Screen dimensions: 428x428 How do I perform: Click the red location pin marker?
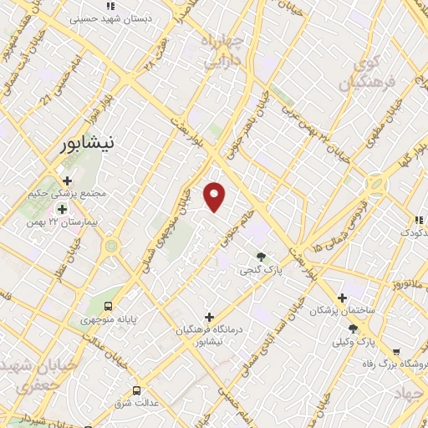coord(215,196)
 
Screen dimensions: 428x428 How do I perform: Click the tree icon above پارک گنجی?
coord(261,256)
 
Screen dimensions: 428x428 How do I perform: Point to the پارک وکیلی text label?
coord(354,342)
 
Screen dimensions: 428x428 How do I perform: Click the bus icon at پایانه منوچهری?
coord(107,304)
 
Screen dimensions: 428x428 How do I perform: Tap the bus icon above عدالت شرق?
coord(137,390)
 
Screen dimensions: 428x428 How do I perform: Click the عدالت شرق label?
coord(137,405)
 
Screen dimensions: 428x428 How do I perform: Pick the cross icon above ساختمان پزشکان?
coord(342,297)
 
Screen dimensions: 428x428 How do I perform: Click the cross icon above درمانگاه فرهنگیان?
coord(209,317)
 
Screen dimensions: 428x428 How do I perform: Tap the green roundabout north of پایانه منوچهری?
coord(110,246)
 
